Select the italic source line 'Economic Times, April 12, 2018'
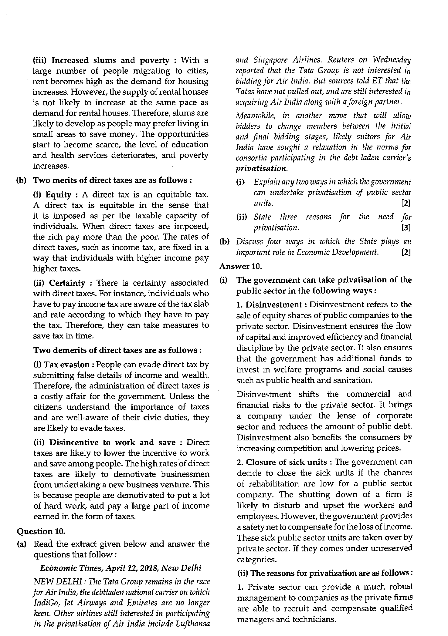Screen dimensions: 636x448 [x=121, y=568]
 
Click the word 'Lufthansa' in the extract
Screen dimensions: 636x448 [x=195, y=624]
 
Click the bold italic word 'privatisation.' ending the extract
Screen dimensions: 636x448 [x=261, y=168]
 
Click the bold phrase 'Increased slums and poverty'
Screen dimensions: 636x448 [x=110, y=60]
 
